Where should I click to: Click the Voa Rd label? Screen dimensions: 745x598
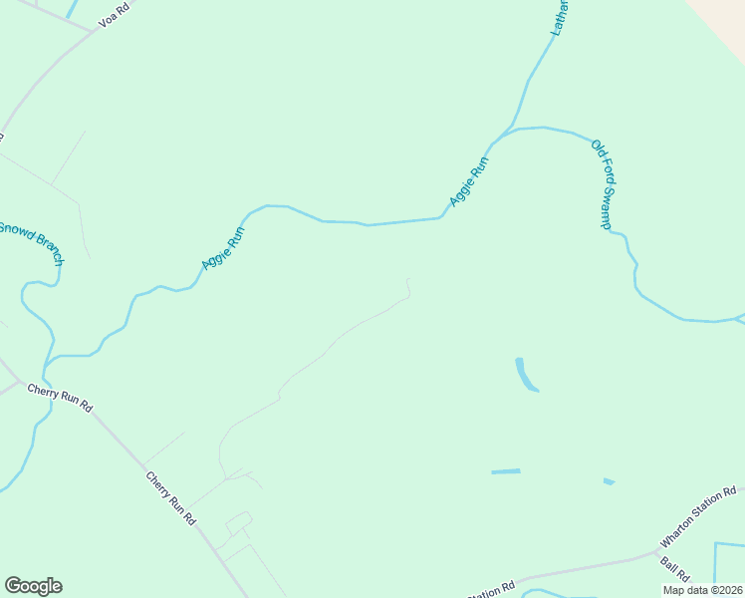coord(116,14)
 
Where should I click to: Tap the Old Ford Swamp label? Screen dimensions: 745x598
coord(602,184)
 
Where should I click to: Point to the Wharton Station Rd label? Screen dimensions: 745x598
coord(697,517)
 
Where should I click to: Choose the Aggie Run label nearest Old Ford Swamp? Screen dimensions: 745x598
coord(470,182)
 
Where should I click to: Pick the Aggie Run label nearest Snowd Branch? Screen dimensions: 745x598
coord(223,247)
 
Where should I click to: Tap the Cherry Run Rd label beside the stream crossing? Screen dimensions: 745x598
coord(60,399)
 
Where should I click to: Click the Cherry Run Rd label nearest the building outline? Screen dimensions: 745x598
coord(171,498)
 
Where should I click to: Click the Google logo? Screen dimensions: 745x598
coord(33,586)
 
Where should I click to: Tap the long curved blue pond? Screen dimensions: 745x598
coord(525,375)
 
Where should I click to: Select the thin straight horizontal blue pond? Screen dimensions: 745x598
coord(506,471)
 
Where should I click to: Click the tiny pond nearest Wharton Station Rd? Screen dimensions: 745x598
coord(609,482)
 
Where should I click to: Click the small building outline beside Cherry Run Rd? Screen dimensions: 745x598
coord(239,523)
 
